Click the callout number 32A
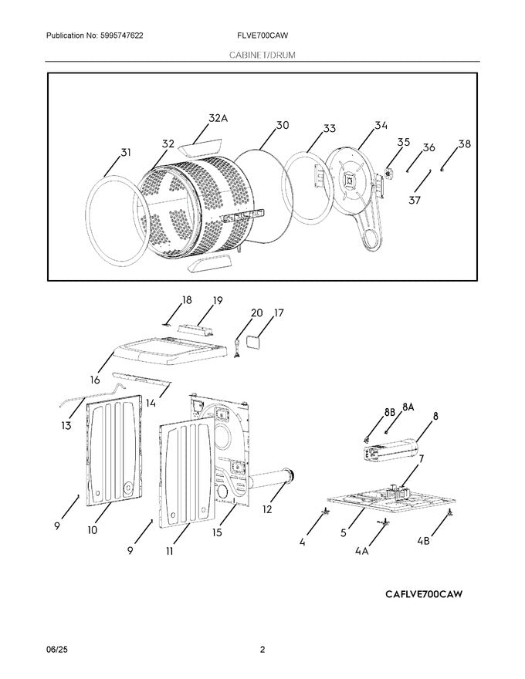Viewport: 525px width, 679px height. [x=218, y=118]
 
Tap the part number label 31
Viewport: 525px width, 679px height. [x=126, y=153]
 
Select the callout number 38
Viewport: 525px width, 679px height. [x=463, y=144]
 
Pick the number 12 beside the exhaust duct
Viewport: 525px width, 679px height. [x=267, y=508]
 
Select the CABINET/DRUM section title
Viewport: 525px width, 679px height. [x=262, y=56]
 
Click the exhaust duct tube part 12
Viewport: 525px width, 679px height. [x=270, y=482]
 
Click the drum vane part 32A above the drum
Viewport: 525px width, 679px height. [x=197, y=145]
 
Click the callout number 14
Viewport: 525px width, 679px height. [x=151, y=402]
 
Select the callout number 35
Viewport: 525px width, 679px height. [x=404, y=142]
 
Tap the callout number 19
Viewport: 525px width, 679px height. [x=218, y=300]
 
